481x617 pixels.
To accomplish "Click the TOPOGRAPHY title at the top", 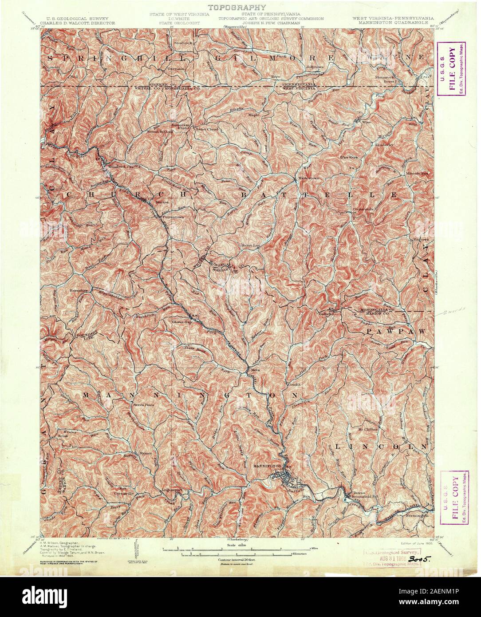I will (x=237, y=8).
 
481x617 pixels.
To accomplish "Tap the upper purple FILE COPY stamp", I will (x=451, y=69).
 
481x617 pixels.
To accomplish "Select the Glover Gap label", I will (x=181, y=322).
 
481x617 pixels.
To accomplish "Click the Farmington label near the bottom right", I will (x=416, y=516).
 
